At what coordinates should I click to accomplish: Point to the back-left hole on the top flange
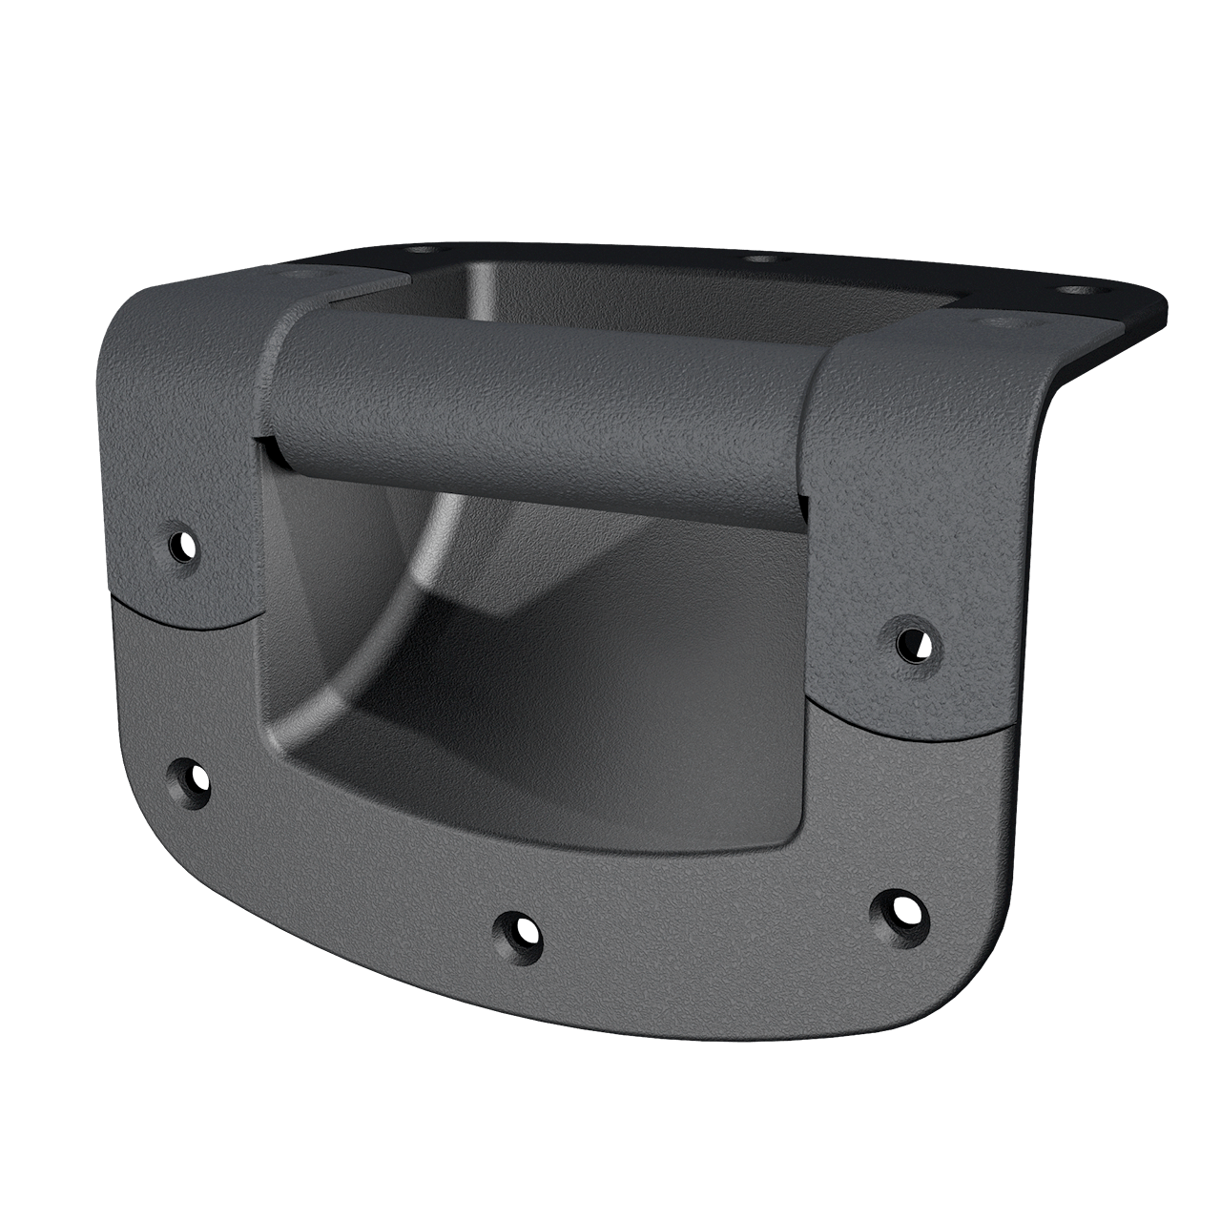pos(419,249)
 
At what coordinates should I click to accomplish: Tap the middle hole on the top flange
pos(762,259)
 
